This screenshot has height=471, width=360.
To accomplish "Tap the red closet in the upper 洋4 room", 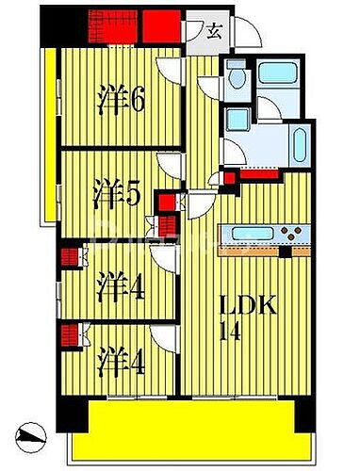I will tap(68, 255).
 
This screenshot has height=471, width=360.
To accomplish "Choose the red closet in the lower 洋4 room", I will tap(68, 333).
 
